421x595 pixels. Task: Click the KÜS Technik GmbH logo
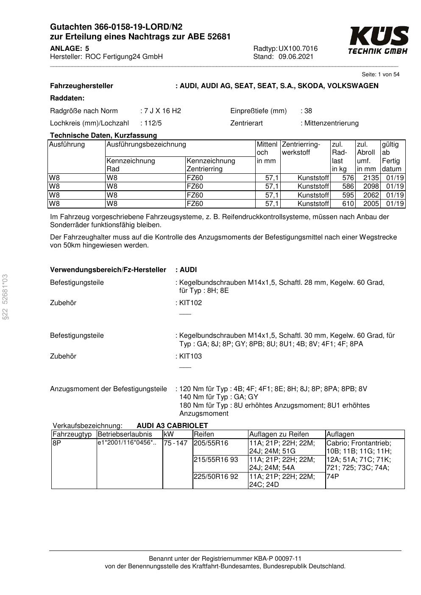[378, 40]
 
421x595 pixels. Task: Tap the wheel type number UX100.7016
[298, 49]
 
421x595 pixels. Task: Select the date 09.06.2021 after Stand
[296, 57]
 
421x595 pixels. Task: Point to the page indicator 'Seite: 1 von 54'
[380, 75]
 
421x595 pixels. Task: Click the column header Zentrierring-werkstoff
[301, 148]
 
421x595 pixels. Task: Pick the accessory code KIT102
[191, 303]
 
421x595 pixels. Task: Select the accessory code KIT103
[191, 356]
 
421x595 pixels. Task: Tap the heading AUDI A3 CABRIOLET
[172, 425]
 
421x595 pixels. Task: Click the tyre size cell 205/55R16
[211, 443]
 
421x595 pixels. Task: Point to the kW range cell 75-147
[176, 443]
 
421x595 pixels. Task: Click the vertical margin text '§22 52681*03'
[5, 297]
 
